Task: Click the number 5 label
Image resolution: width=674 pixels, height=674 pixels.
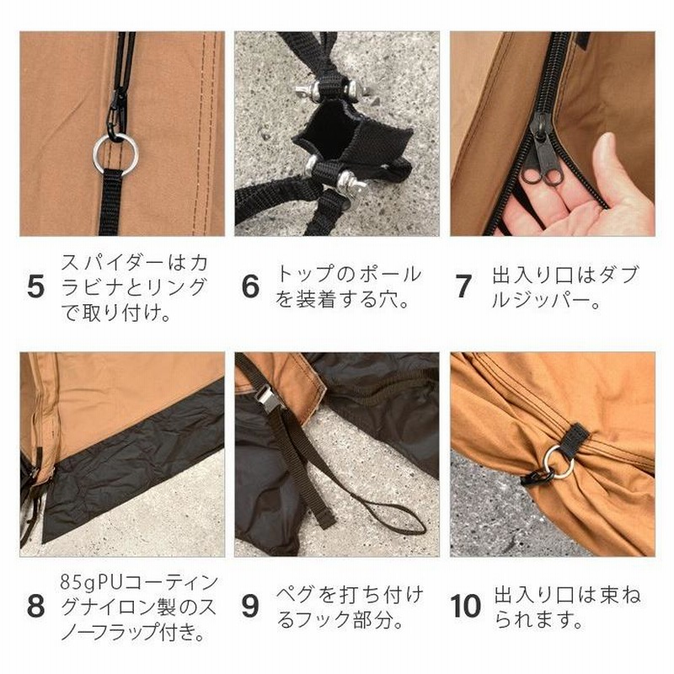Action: tap(35, 286)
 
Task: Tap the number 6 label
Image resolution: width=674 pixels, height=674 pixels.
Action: tap(250, 286)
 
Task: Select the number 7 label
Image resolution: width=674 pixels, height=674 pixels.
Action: tap(463, 286)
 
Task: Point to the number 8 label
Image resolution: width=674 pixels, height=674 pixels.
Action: tap(35, 607)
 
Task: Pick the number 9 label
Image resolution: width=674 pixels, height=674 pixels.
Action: tap(250, 607)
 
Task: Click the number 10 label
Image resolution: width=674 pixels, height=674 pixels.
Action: tap(466, 607)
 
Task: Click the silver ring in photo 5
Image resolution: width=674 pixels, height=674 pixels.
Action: tap(115, 153)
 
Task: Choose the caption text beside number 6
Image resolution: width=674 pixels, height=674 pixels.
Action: tap(350, 287)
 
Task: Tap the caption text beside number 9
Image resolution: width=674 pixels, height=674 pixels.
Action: tap(350, 607)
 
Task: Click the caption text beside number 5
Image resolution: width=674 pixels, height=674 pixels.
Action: tap(135, 287)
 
